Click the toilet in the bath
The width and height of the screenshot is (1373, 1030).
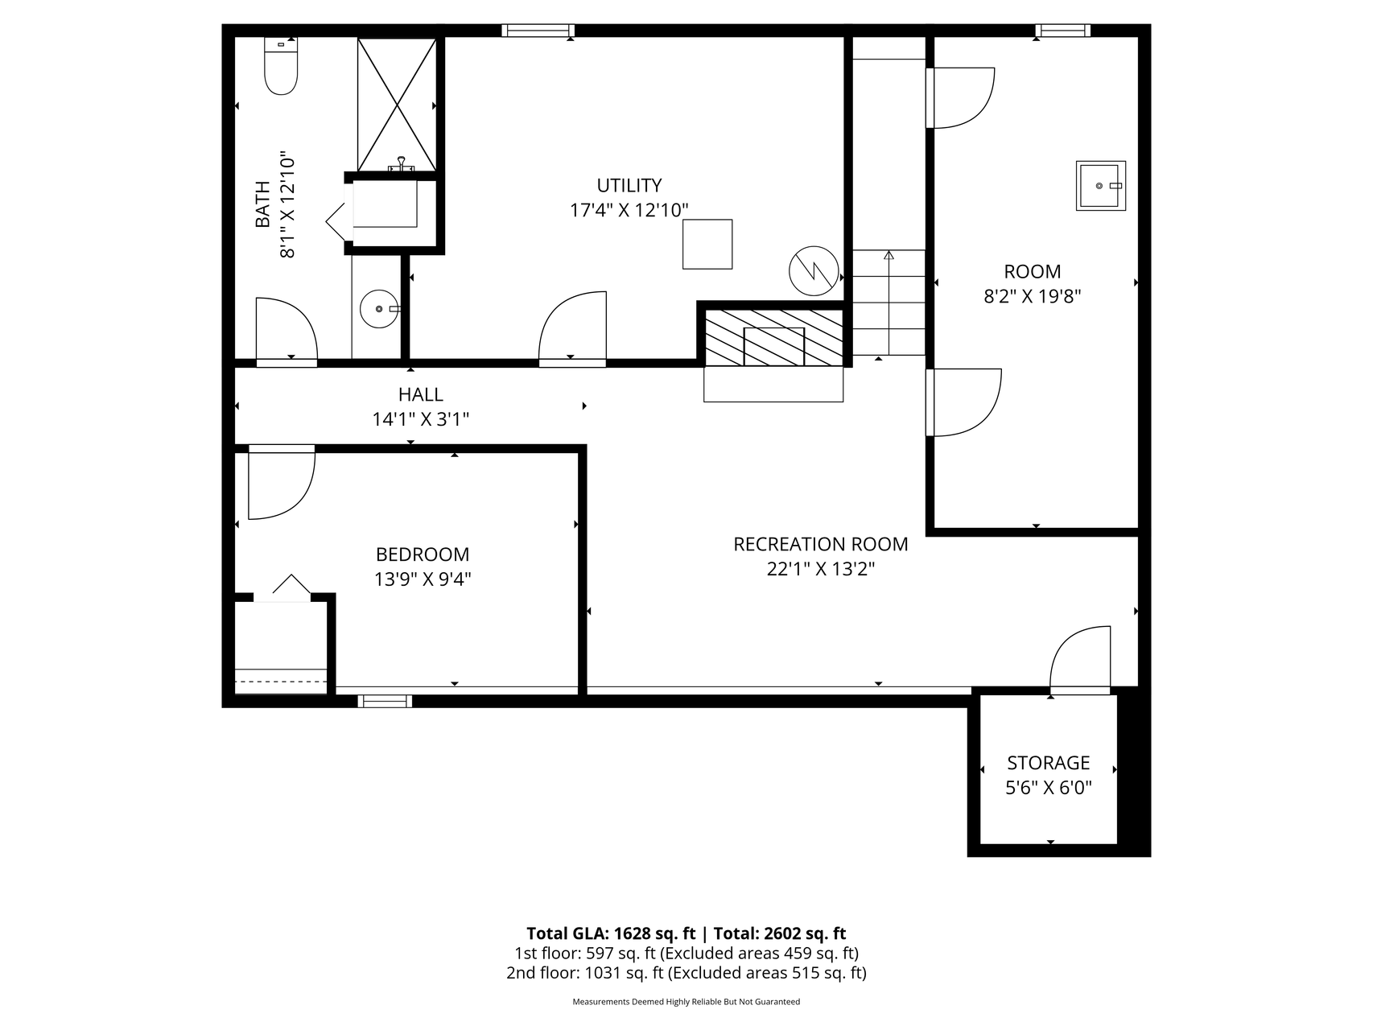281,67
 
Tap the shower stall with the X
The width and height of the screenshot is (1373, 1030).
397,105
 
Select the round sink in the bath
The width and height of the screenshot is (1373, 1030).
379,309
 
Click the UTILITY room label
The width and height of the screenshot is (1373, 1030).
629,185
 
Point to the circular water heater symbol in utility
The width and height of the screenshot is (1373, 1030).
814,270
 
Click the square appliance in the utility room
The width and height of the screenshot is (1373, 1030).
707,244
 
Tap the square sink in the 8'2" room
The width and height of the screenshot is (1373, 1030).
1101,186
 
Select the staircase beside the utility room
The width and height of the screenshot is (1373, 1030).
889,303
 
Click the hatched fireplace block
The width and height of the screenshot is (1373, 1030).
773,337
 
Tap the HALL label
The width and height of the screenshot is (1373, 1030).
421,394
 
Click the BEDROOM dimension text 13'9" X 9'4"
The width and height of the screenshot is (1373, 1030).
423,579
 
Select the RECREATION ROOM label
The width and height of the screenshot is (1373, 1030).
821,544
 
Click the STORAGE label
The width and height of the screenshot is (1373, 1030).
1049,762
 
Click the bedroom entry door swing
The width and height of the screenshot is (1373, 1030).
281,482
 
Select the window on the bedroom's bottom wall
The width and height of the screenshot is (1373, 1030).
385,701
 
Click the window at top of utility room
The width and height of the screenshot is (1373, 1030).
538,31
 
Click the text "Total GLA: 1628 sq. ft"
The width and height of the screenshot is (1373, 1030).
611,933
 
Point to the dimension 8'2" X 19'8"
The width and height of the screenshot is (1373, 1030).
1033,296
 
